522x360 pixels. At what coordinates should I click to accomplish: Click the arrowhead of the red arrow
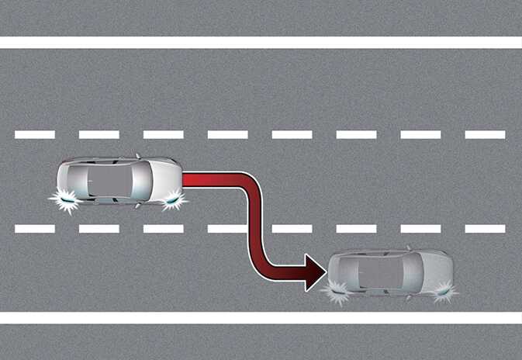tap(315, 272)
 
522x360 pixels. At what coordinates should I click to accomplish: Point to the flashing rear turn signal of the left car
tap(64, 201)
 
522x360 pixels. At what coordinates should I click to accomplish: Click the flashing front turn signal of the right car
tap(444, 293)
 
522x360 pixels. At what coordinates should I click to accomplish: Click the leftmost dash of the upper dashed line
tap(35, 134)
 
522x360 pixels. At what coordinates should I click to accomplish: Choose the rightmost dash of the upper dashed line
tap(485, 134)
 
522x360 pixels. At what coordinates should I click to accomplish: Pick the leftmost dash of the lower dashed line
tap(35, 229)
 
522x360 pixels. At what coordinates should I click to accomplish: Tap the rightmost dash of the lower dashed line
tap(485, 229)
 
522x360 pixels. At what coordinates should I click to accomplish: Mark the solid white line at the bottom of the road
tap(261, 318)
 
